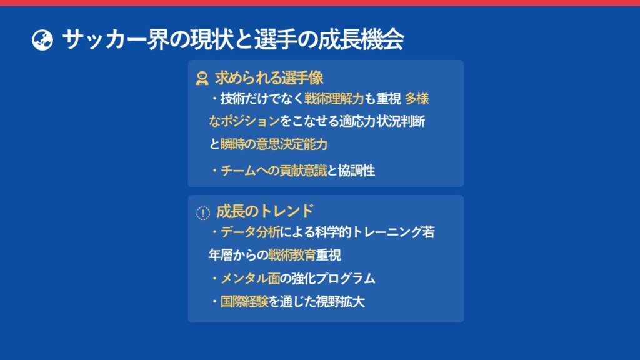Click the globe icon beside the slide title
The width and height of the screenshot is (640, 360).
(x=42, y=40)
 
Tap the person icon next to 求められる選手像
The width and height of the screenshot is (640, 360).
(x=202, y=78)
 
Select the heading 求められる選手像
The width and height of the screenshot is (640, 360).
(x=269, y=77)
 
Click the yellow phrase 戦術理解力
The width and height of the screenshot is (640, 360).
(x=334, y=98)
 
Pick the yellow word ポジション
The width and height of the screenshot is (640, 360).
(x=250, y=121)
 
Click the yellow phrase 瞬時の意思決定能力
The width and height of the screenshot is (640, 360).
(x=274, y=144)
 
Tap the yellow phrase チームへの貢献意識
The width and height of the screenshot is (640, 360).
(x=274, y=170)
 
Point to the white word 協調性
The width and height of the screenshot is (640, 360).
(x=356, y=170)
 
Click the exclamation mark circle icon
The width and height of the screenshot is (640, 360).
(x=203, y=212)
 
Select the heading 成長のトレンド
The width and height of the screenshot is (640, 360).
(x=265, y=211)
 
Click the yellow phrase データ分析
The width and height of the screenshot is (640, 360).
(x=251, y=232)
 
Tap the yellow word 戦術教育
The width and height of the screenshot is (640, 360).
(x=292, y=255)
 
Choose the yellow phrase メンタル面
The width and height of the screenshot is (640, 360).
(x=251, y=278)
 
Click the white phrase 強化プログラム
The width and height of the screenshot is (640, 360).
(x=333, y=278)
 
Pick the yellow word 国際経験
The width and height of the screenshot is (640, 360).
(x=244, y=302)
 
